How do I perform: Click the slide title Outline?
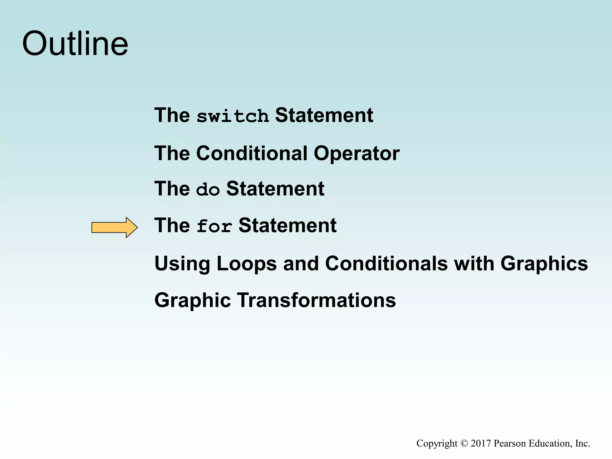coord(75,44)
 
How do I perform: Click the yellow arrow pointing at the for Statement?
coord(114,227)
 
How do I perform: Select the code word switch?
coord(232,116)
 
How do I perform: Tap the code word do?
coord(208,189)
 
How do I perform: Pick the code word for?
coord(214,226)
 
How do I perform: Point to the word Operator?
coord(357,153)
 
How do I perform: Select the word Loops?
coord(247,264)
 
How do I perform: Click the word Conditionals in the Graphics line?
coord(386,264)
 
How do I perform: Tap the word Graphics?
coord(544,264)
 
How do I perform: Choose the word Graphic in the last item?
coord(192,300)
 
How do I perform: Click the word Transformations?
coord(316,300)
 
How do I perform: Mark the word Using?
coord(182,264)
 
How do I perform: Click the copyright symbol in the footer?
coord(464,443)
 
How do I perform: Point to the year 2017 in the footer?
coord(481,443)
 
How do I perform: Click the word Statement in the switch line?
coord(324,115)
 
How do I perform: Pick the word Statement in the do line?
coord(275,189)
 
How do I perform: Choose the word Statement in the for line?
coord(287,226)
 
